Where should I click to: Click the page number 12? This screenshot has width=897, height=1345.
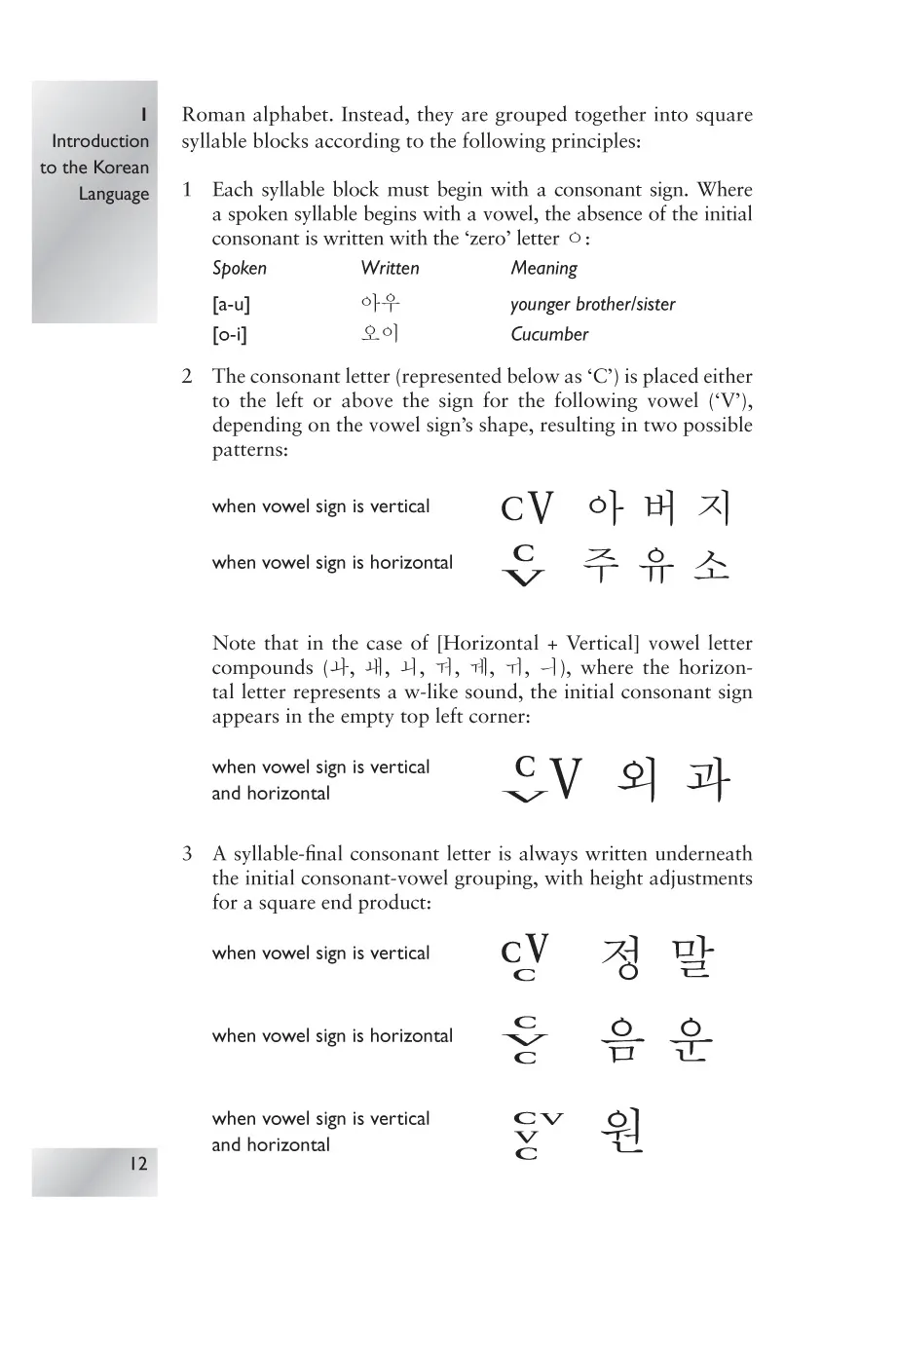pyautogui.click(x=137, y=1163)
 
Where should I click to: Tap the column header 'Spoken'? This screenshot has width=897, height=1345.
pyautogui.click(x=239, y=269)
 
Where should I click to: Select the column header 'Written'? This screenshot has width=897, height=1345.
pyautogui.click(x=390, y=269)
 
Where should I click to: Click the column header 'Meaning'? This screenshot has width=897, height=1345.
pyautogui.click(x=543, y=269)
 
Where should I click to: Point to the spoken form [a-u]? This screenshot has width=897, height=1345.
pyautogui.click(x=231, y=305)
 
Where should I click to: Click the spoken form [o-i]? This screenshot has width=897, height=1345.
pyautogui.click(x=230, y=335)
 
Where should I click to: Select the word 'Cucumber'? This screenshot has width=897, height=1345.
pyautogui.click(x=549, y=335)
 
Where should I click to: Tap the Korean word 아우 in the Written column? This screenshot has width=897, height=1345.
pyautogui.click(x=380, y=304)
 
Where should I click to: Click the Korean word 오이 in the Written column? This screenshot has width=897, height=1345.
pyautogui.click(x=380, y=334)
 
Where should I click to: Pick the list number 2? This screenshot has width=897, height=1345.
pyautogui.click(x=187, y=377)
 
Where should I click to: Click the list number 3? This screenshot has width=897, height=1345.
pyautogui.click(x=187, y=854)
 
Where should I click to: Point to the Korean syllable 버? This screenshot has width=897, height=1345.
pyautogui.click(x=659, y=507)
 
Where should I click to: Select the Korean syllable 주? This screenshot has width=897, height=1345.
pyautogui.click(x=602, y=565)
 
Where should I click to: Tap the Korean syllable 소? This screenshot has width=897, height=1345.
pyautogui.click(x=712, y=565)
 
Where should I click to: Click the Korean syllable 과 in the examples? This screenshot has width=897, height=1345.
pyautogui.click(x=707, y=779)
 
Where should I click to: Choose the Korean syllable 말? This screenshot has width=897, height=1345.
pyautogui.click(x=692, y=957)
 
